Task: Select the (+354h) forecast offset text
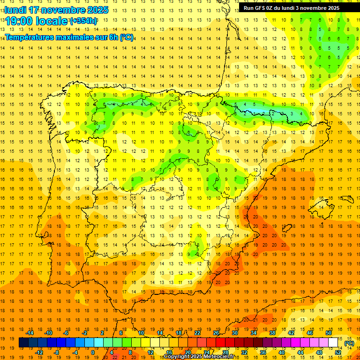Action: point(83,21)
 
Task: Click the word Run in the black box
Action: point(249,8)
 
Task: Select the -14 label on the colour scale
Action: point(30,333)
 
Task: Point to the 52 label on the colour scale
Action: point(338,352)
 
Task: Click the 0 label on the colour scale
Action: point(93,352)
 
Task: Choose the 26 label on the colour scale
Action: point(216,333)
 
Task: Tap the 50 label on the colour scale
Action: point(329,333)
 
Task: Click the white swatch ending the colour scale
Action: point(333,343)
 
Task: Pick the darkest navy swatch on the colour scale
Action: point(23,343)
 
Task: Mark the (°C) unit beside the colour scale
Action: point(349,343)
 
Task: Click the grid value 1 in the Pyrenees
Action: point(263,113)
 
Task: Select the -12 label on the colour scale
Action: point(39,352)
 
